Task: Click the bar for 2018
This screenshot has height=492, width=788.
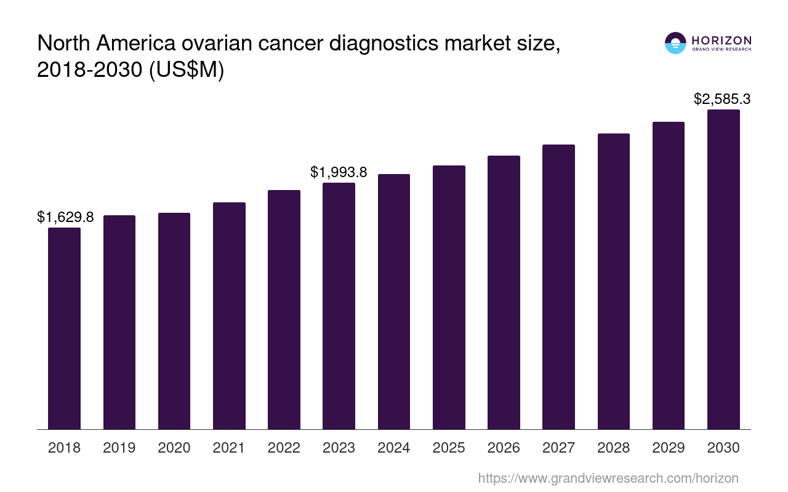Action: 64,328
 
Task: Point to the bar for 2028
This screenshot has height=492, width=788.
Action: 613,281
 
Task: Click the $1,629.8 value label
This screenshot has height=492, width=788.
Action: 65,217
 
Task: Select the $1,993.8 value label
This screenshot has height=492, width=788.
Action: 339,172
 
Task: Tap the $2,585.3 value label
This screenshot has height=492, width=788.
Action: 722,99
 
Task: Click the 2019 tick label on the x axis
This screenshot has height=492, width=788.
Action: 119,448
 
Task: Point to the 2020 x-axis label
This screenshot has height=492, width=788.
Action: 174,448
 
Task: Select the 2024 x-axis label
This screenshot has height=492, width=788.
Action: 394,448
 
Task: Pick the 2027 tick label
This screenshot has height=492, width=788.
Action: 558,448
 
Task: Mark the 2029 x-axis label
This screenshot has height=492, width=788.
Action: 669,448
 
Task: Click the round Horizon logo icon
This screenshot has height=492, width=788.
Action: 675,43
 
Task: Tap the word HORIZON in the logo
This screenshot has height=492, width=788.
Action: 722,40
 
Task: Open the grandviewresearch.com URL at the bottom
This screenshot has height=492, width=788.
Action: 608,478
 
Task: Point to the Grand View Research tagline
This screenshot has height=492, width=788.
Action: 722,49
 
